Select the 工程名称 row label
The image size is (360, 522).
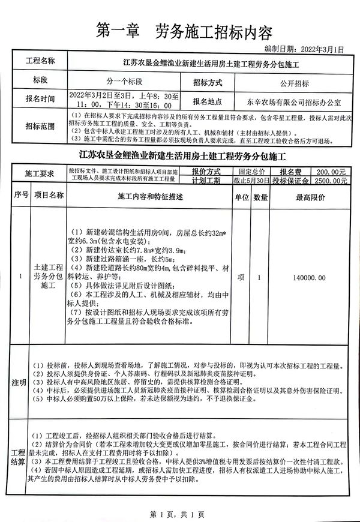[40, 62]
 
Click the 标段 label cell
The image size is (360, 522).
[40, 81]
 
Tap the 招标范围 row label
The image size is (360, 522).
[40, 126]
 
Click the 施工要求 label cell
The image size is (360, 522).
[40, 175]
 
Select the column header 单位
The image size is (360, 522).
[241, 196]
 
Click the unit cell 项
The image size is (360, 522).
[241, 278]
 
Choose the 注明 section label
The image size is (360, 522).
[19, 382]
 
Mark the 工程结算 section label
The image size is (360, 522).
[19, 457]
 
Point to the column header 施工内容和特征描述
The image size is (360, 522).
[150, 196]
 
